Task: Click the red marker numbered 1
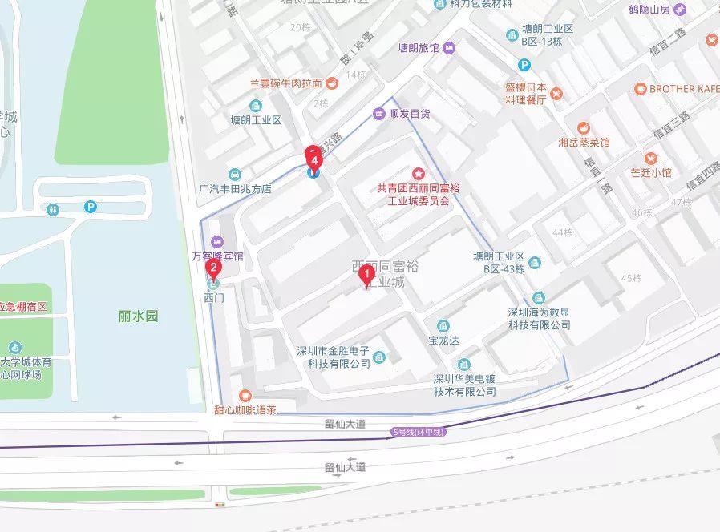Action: click(x=367, y=276)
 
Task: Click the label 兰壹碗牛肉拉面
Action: click(x=285, y=83)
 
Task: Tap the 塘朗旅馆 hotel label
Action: click(x=419, y=48)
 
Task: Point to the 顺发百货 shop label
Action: click(x=409, y=114)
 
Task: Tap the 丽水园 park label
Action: click(x=138, y=316)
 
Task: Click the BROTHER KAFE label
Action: click(x=684, y=89)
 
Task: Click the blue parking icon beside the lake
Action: click(x=92, y=208)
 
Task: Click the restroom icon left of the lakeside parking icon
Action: click(x=54, y=209)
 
